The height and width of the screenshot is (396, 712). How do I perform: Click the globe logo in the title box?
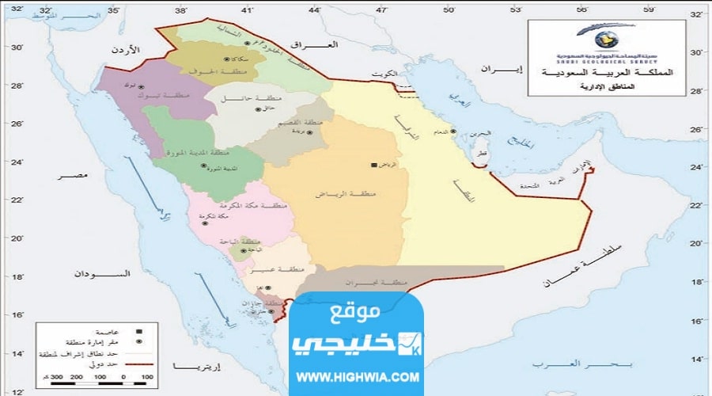(x=600, y=37)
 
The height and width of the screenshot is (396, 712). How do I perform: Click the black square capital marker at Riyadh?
(x=374, y=165)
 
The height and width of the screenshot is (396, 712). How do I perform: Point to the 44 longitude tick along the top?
(x=315, y=10)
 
